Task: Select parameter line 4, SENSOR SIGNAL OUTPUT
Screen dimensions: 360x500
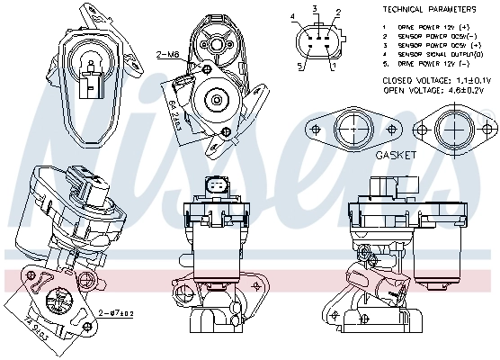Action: click(x=429, y=54)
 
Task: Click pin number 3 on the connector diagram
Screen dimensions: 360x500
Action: click(x=315, y=8)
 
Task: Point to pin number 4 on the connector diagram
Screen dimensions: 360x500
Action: click(x=293, y=17)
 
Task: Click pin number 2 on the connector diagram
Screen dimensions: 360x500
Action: click(x=337, y=13)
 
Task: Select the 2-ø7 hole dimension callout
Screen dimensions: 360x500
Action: click(x=116, y=312)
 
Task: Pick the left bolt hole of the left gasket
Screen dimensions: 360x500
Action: click(x=314, y=127)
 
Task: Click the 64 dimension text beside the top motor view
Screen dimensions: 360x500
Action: click(x=171, y=112)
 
